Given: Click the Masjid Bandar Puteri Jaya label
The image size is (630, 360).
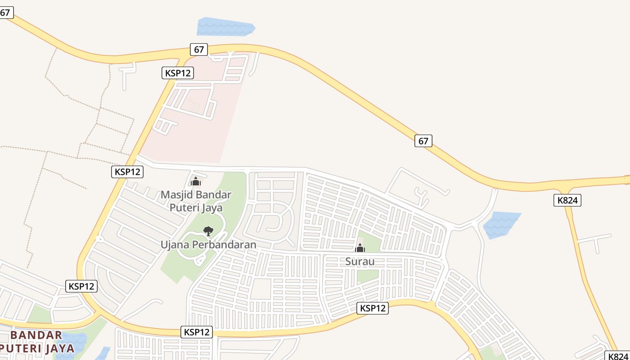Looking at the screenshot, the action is click(196, 201).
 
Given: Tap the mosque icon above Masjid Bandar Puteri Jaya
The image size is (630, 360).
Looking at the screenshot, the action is click(195, 181).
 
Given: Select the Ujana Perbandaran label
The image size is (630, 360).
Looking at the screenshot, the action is click(208, 245).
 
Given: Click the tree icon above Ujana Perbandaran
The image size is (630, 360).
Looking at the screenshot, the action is click(208, 231).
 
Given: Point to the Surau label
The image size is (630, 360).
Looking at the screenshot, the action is click(360, 261).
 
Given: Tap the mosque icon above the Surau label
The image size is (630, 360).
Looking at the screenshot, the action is click(360, 248).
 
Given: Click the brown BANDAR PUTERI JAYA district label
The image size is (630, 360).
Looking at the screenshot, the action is click(36, 342).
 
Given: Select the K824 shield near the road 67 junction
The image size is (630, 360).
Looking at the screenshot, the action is click(567, 200).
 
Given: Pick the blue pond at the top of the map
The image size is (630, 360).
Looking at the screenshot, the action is click(225, 27).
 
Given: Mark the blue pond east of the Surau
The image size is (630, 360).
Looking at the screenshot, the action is click(500, 224).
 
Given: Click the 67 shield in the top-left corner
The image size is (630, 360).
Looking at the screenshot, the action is click(5, 13).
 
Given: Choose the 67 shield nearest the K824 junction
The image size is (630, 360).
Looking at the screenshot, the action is click(423, 141).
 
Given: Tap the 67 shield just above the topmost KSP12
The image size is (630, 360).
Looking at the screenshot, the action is click(198, 49).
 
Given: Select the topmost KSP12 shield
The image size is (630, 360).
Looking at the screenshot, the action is click(178, 73).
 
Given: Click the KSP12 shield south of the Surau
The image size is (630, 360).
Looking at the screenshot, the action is click(373, 308).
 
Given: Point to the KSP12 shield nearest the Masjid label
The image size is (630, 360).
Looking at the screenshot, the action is click(127, 171).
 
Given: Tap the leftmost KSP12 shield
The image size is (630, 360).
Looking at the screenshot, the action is click(81, 286).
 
